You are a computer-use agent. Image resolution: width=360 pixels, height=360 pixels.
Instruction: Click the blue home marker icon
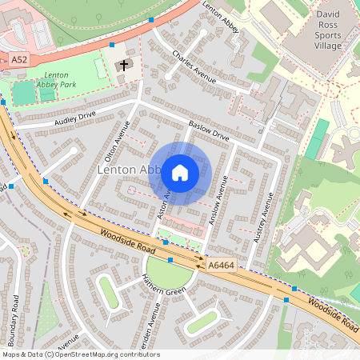(180, 172)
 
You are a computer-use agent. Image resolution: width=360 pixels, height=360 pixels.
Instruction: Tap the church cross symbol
(124, 65)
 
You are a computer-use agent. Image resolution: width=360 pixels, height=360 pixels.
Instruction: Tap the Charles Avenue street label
(194, 68)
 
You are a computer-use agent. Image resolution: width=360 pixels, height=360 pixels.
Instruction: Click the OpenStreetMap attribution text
(81, 354)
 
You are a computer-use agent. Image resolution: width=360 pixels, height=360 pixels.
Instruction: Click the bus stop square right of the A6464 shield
(286, 299)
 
